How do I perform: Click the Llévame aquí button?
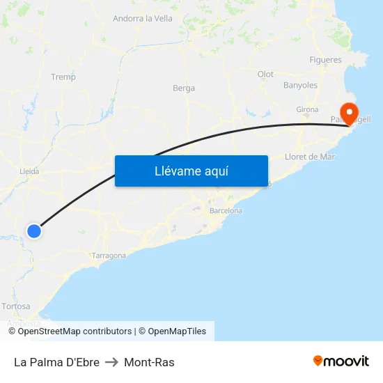pos(191,171)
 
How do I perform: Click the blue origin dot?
pos(34,230)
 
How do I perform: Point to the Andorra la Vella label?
pos(143,19)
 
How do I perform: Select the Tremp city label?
pos(63,77)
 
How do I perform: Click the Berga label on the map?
pos(184,88)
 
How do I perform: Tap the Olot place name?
pos(265,75)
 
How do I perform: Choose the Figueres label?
pos(325,60)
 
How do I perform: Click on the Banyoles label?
pos(300,86)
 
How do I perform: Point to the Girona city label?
pos(307,109)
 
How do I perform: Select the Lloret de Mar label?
pos(310,157)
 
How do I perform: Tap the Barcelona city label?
pos(226,210)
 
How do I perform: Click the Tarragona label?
pos(109,256)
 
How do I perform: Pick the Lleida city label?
pos(29,171)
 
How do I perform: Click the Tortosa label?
pos(16,306)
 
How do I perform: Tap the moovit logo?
pos(341,361)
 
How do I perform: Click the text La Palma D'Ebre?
pos(56,362)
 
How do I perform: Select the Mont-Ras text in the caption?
pos(149,362)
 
